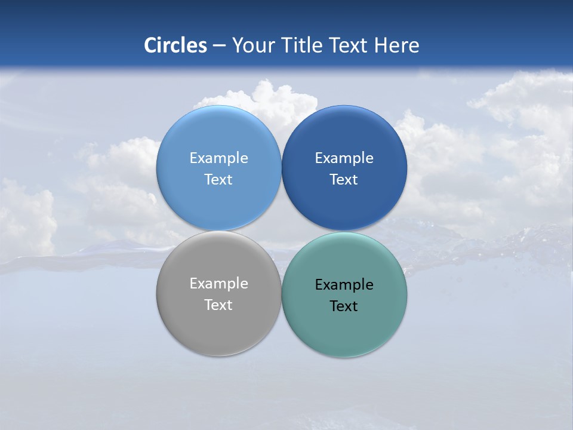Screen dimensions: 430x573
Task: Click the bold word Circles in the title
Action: point(175,45)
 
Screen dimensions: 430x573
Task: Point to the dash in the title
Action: point(219,46)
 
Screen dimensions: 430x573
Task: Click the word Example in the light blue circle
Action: point(218,158)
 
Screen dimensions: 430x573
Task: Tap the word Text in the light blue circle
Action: point(218,179)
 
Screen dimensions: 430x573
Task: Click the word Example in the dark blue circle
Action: point(344,158)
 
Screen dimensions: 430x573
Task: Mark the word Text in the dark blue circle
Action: point(344,179)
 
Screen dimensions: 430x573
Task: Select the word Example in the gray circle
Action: point(218,283)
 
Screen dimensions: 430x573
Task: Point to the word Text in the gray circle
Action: point(218,305)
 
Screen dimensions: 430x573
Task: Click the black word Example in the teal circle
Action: point(344,284)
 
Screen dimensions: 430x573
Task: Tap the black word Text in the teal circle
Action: point(344,306)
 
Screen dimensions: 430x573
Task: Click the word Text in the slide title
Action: point(350,45)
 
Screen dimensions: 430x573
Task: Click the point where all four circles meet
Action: point(281,231)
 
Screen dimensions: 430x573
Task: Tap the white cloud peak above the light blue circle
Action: point(263,90)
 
